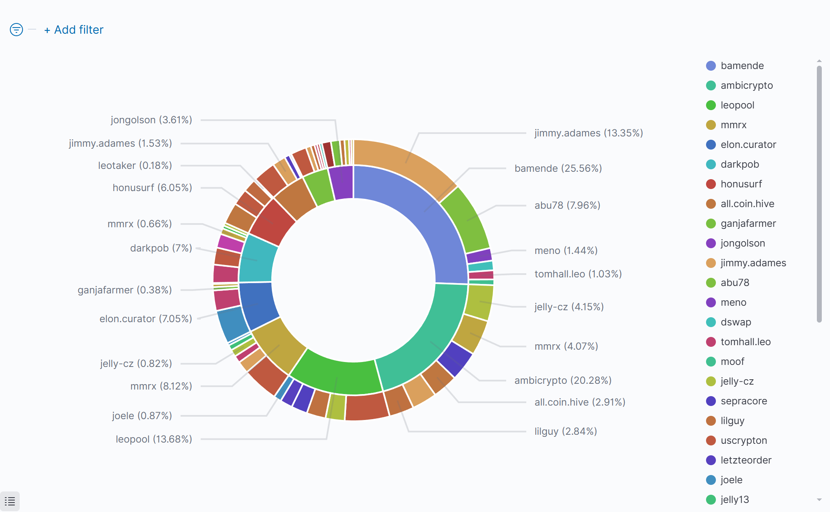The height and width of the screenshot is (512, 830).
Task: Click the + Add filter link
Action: pyautogui.click(x=74, y=30)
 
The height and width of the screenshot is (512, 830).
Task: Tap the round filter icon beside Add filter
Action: pyautogui.click(x=16, y=30)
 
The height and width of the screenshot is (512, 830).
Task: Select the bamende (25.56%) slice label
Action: pyautogui.click(x=558, y=168)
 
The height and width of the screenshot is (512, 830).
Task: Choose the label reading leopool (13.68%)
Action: pyautogui.click(x=154, y=439)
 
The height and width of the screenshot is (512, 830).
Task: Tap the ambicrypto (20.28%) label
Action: pyautogui.click(x=563, y=381)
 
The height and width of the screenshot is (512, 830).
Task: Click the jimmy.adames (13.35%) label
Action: pyautogui.click(x=588, y=133)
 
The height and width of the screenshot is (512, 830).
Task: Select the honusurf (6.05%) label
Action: pyautogui.click(x=152, y=188)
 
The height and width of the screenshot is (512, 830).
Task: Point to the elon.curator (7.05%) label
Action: pyautogui.click(x=146, y=319)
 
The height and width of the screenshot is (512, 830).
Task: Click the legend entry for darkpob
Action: pyautogui.click(x=740, y=164)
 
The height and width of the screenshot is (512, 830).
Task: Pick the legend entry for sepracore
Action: pyautogui.click(x=743, y=401)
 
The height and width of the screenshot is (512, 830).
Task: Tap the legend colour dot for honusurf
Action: pyautogui.click(x=711, y=184)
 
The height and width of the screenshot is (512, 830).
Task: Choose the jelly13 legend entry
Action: pyautogui.click(x=734, y=500)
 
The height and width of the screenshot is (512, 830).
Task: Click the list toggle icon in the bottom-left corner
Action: pyautogui.click(x=10, y=501)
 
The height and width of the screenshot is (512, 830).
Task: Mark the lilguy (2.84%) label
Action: pyautogui.click(x=565, y=431)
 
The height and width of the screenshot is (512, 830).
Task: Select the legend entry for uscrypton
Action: pyautogui.click(x=743, y=441)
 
